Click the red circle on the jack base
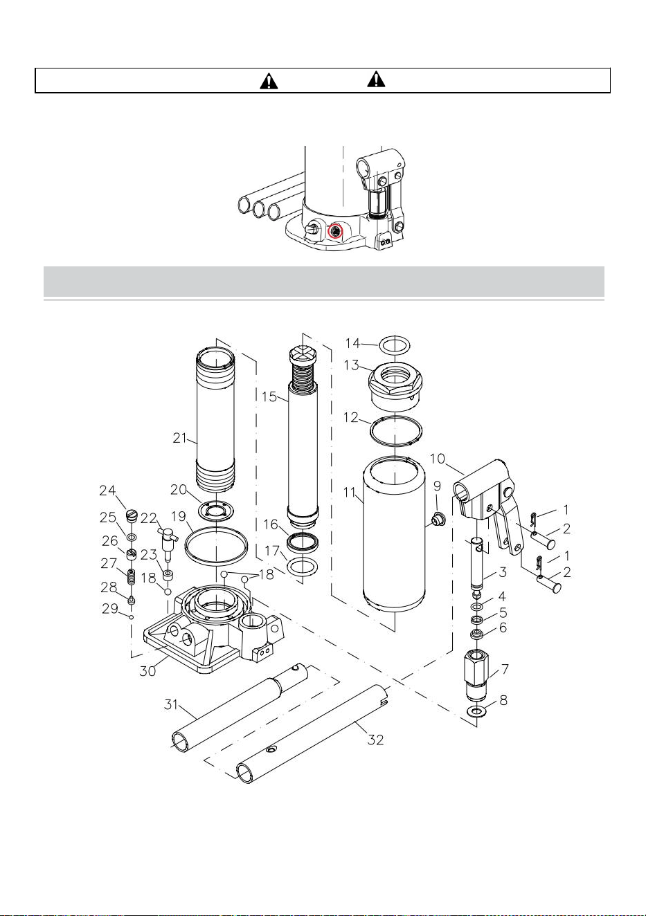336,232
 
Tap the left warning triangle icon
269,80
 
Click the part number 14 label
352,343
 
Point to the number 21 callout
179,438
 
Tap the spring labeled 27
132,576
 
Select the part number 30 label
147,671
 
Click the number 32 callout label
375,740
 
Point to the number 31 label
171,704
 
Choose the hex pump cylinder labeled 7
476,674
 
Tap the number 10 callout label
437,459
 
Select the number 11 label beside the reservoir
350,492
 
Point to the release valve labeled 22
168,540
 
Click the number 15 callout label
269,396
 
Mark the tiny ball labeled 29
131,616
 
